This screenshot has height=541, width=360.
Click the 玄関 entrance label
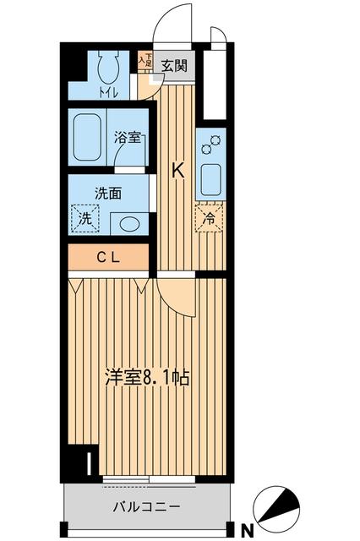pos(176,64)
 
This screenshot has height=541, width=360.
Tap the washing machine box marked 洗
pos(85,218)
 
